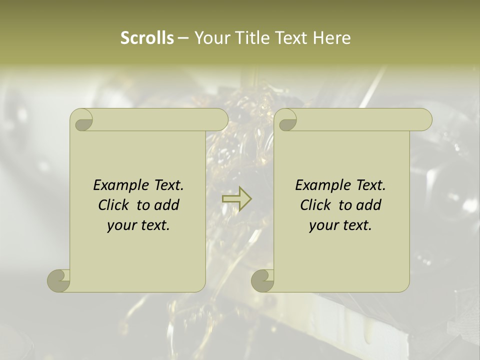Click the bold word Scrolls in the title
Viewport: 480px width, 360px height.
point(147,38)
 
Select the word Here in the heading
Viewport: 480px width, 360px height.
point(332,38)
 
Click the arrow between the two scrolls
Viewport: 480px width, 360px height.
point(236,199)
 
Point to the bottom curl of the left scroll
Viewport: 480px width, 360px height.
point(59,280)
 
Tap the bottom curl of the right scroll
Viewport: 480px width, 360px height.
point(262,280)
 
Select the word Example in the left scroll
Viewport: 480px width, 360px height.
point(121,185)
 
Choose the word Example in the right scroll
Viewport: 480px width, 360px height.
point(323,185)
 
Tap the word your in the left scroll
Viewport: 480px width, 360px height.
point(120,226)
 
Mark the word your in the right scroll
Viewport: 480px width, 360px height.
point(322,226)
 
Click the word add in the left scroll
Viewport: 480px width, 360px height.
point(167,205)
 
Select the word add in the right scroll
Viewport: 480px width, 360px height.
point(369,205)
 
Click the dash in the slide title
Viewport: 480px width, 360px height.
point(183,38)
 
